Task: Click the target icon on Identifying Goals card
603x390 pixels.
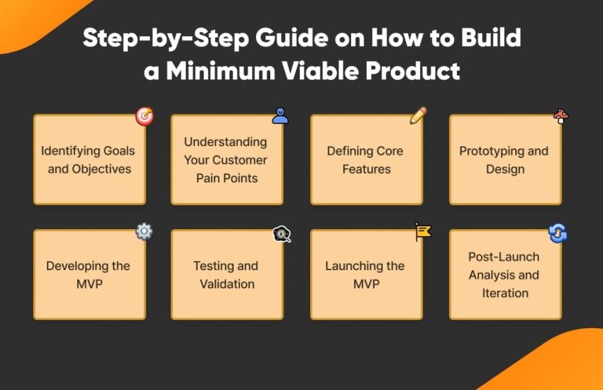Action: [x=145, y=116]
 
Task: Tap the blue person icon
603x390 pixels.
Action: [x=280, y=116]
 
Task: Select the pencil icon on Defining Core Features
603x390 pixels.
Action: [x=418, y=116]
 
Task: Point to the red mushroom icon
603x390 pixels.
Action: [x=561, y=116]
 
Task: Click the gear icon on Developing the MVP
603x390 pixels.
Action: [x=144, y=231]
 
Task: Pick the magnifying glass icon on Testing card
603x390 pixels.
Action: [x=282, y=234]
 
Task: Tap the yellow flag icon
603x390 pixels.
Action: [x=423, y=232]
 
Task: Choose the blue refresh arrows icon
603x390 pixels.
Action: [x=558, y=233]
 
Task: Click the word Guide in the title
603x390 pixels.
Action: [x=292, y=38]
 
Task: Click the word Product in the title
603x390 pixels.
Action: [x=413, y=71]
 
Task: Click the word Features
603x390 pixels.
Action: [x=367, y=169]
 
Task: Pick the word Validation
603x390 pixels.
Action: [x=227, y=284]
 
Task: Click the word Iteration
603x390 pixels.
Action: [x=505, y=293]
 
